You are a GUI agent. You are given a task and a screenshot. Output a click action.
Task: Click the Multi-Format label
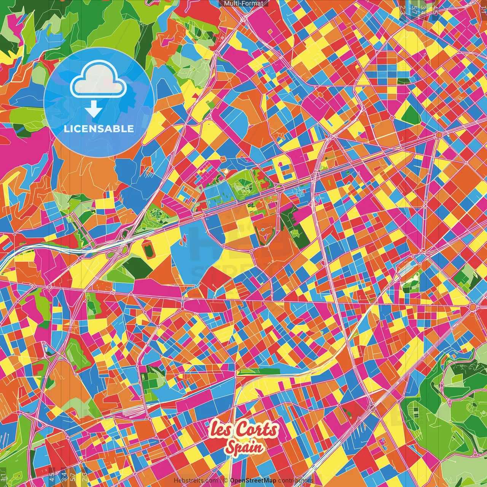pyautogui.click(x=243, y=3)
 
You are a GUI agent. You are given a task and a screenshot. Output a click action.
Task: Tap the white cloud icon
pyautogui.click(x=99, y=81)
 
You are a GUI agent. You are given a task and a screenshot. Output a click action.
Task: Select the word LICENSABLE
pyautogui.click(x=99, y=129)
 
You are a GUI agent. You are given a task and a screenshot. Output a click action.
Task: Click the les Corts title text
pyautogui.click(x=243, y=430)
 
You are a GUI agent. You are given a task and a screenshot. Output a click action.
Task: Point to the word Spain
pyautogui.click(x=243, y=447)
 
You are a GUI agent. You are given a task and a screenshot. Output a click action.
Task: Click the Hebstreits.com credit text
pyautogui.click(x=196, y=480)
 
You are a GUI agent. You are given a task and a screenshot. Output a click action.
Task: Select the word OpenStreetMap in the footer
pyautogui.click(x=253, y=480)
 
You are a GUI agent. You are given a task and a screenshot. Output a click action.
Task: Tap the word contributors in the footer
pyautogui.click(x=296, y=480)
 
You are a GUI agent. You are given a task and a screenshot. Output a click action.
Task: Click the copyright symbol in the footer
pyautogui.click(x=225, y=480)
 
